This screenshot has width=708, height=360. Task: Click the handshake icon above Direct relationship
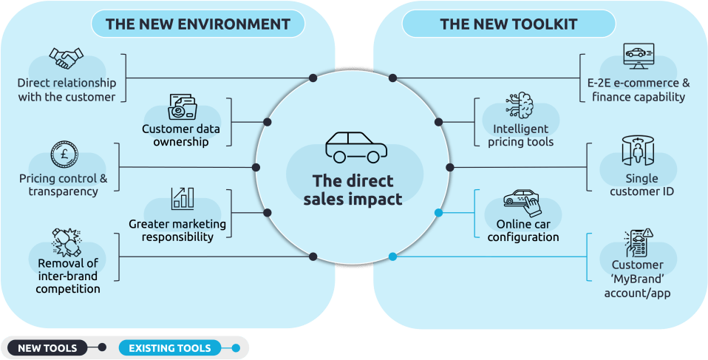66,57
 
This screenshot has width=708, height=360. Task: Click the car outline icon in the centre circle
356,147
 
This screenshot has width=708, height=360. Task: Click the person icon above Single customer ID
635,151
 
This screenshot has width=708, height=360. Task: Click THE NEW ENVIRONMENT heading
197,24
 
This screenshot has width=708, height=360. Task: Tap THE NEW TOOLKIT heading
508,24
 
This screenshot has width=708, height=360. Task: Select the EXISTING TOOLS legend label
170,347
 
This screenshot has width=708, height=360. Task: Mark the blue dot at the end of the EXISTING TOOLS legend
236,347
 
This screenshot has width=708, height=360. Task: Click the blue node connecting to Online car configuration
439,213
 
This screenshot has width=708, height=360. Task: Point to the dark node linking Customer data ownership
268,122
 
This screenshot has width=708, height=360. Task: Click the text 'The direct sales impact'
353,190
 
